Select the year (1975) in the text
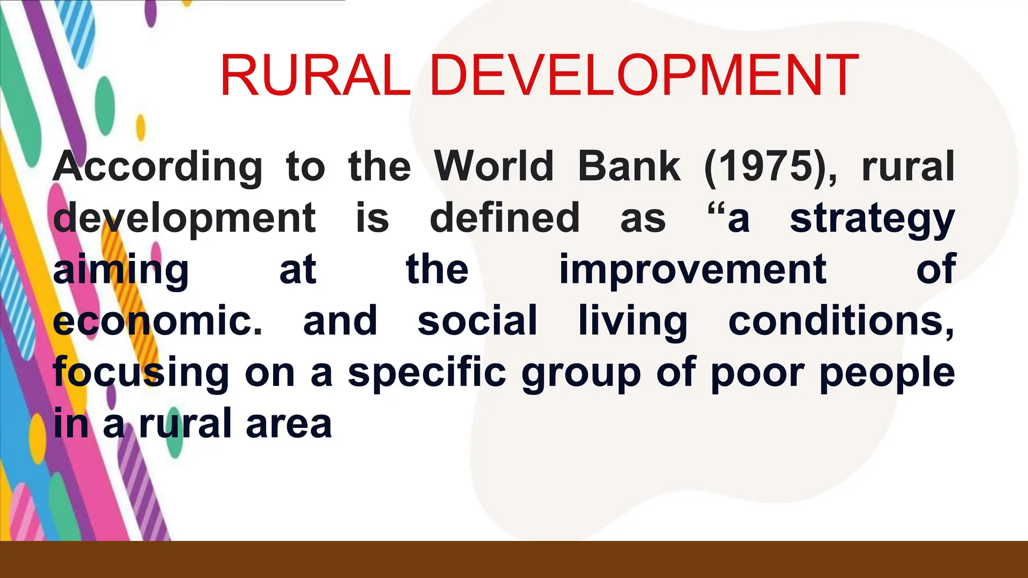[770, 167]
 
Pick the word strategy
[872, 220]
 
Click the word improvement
[693, 271]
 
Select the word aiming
[121, 271]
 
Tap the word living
[632, 322]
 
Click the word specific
[427, 373]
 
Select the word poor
[757, 374]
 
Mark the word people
[887, 374]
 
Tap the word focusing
[141, 373]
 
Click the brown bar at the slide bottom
[514, 559]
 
